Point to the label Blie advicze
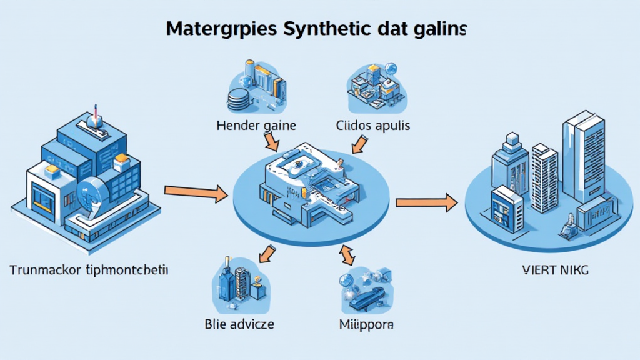pyautogui.click(x=239, y=324)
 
